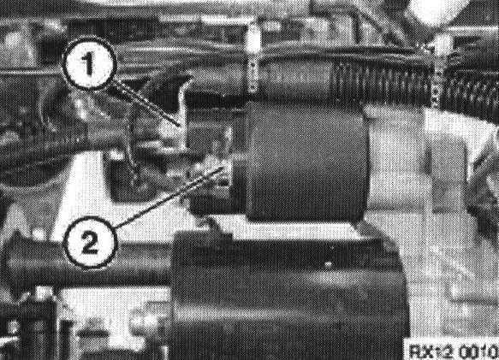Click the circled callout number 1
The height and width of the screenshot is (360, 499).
pyautogui.click(x=88, y=63)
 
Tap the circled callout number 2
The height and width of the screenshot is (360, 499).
pyautogui.click(x=89, y=242)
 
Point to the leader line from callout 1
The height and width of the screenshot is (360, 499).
pyautogui.click(x=145, y=103)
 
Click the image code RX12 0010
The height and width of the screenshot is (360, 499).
pyautogui.click(x=452, y=351)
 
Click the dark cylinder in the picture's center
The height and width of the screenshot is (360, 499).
pyautogui.click(x=306, y=162)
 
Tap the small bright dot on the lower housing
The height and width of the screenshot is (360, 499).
pyautogui.click(x=329, y=263)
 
